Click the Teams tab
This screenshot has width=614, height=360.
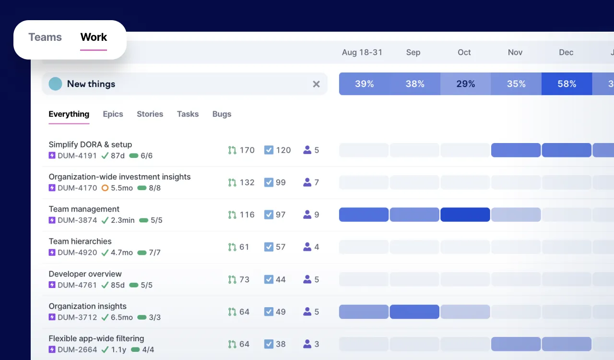point(45,37)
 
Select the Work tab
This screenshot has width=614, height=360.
point(94,37)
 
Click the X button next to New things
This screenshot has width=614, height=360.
point(316,84)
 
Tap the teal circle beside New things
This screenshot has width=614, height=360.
point(55,84)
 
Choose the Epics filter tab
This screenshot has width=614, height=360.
point(113,114)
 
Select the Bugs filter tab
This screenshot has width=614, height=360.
point(222,114)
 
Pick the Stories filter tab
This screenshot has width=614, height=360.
point(150,114)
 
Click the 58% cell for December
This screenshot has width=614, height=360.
point(567,84)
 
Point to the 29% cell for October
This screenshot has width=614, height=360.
point(465,84)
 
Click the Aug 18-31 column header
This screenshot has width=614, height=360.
point(362,52)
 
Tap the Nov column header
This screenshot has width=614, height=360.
point(515,52)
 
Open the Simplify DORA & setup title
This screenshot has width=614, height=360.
point(90,144)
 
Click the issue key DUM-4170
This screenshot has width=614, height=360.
point(77,188)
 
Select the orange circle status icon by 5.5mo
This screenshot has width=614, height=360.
point(105,188)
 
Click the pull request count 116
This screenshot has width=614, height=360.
point(247,215)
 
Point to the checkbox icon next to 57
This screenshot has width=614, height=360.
point(269,247)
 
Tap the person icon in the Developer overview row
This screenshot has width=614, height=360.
point(307,279)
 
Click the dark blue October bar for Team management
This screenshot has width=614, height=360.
point(465,215)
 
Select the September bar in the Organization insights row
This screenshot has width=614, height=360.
point(414,312)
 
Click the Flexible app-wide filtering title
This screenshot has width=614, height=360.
point(96,338)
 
